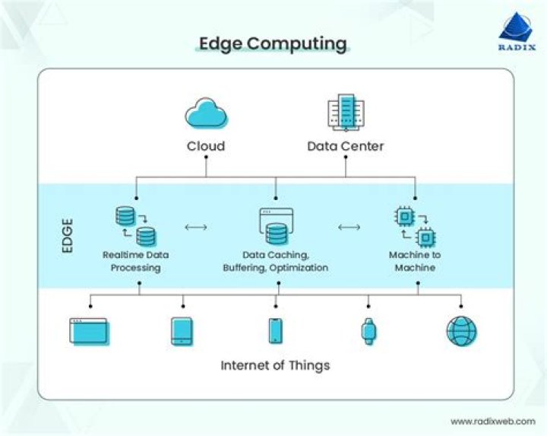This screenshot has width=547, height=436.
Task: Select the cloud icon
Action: [206, 115]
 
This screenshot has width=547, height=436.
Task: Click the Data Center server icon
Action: [345, 112]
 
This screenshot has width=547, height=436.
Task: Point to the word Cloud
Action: [206, 146]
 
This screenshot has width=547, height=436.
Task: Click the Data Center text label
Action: [345, 146]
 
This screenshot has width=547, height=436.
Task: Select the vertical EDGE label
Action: [67, 236]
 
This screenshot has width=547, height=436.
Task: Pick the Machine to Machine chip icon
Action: [415, 226]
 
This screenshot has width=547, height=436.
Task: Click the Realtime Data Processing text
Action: [136, 262]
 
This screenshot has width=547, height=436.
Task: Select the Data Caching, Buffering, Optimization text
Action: [275, 262]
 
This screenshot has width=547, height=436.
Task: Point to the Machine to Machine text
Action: [415, 262]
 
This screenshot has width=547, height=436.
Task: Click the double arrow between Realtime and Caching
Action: [196, 227]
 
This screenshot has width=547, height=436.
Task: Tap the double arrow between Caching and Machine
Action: [349, 227]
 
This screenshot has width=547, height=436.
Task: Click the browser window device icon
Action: [90, 332]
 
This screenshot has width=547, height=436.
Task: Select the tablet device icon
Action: [182, 332]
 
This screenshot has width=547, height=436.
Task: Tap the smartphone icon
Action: [275, 331]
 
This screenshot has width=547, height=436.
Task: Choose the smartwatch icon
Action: [368, 331]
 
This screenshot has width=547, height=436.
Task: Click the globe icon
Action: [461, 332]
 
